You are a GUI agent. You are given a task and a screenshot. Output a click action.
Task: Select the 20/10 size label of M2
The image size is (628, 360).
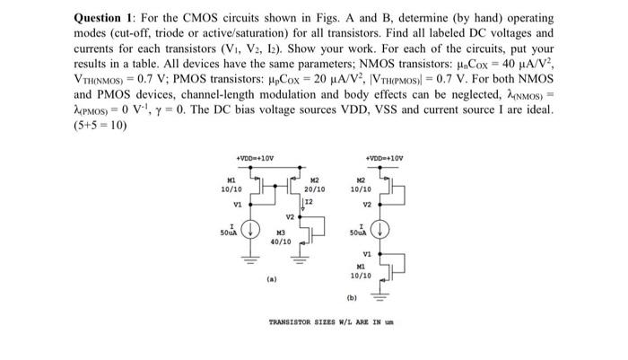coord(315,191)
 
